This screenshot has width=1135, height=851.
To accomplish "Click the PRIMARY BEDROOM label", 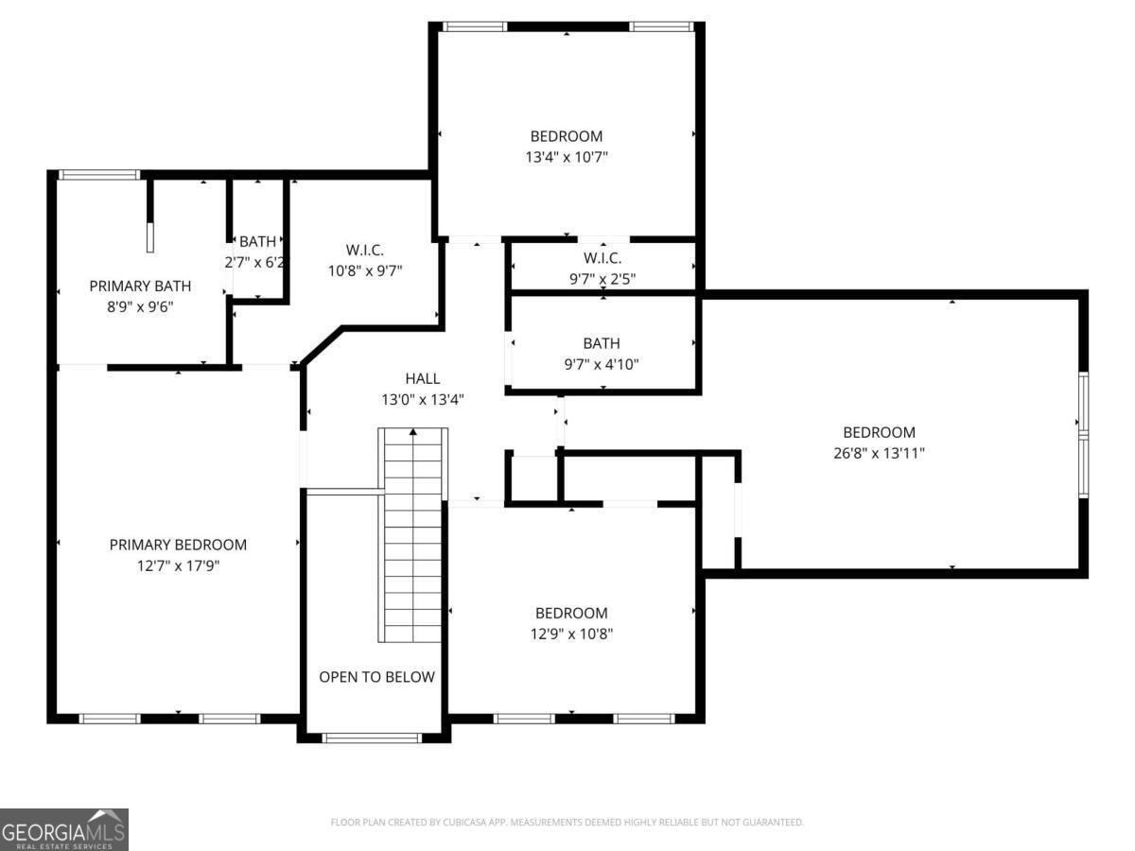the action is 178,545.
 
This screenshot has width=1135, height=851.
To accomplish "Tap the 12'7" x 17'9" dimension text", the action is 178,565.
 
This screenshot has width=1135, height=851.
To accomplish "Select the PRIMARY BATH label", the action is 140,286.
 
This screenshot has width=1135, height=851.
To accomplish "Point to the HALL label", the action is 423,378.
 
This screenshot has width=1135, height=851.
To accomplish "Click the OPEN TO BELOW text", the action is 377,677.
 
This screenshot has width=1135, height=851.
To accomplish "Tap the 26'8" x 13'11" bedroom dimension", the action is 879,453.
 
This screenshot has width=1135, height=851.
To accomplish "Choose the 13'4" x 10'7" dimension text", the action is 567,157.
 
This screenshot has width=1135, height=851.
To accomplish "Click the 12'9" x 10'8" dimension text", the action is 571,634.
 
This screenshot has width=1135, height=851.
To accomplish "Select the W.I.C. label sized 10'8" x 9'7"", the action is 365,250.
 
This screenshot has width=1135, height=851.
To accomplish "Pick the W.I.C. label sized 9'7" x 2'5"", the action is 602,258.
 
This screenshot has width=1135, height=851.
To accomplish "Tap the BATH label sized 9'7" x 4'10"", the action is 602,343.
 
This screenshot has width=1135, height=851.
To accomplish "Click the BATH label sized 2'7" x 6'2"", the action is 257,241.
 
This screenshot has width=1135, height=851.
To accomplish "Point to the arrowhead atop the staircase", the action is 412,432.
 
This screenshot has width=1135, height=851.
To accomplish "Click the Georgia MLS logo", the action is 64,830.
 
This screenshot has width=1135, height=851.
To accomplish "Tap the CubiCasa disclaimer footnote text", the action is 567,822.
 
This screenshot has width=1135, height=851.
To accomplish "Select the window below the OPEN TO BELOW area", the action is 372,738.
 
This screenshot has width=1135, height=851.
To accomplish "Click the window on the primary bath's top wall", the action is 98,175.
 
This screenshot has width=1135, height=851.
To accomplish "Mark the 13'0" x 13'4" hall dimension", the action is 423,399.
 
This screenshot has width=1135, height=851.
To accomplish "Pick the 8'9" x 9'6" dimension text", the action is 140,307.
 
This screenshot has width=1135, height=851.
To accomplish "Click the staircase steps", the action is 412,535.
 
